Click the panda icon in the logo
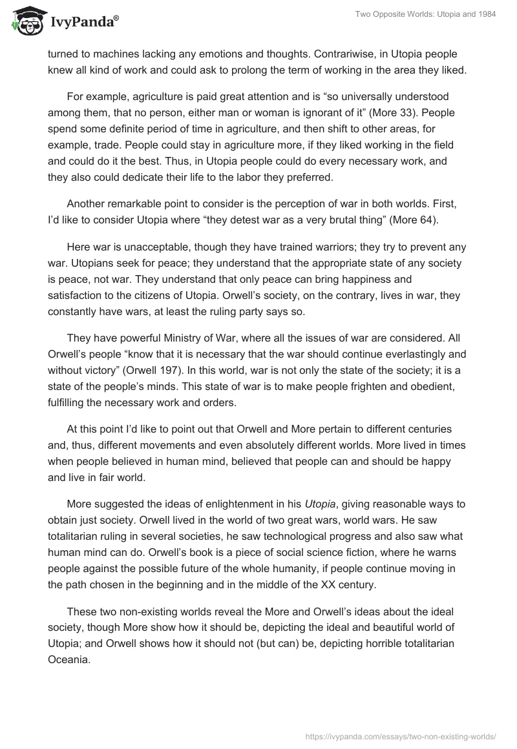point(25,23)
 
